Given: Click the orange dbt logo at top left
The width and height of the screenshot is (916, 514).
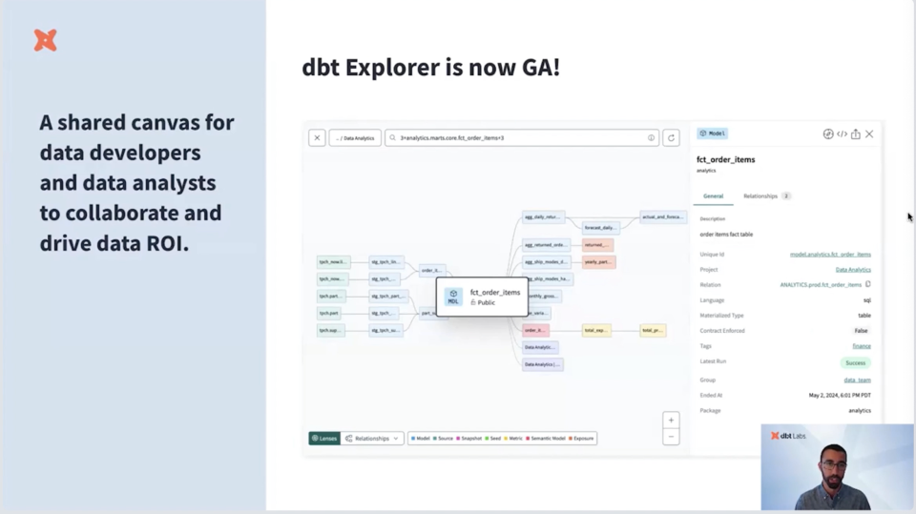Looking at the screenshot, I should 45,40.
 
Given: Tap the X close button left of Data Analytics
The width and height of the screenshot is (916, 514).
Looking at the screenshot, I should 317,137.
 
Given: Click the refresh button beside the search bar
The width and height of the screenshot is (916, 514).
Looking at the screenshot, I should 671,137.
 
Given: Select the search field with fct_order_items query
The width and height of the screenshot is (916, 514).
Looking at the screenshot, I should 520,137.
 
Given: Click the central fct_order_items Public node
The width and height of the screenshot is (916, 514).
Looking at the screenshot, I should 482,297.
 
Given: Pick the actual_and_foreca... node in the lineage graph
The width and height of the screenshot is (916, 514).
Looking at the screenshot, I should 662,216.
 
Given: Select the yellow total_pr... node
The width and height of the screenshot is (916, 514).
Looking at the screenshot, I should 653,330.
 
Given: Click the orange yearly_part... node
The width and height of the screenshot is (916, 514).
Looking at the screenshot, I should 598,261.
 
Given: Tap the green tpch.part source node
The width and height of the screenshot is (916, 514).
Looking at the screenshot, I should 330,313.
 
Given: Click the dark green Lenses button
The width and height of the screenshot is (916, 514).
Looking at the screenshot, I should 324,439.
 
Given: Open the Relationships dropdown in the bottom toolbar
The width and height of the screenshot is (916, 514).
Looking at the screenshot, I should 372,439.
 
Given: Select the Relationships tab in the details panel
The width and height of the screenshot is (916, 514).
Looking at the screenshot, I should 760,195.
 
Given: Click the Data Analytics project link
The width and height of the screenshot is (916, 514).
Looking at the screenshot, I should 852,270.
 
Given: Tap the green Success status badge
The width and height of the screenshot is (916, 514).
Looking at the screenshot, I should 855,362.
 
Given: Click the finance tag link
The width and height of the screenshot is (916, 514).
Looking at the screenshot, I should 861,346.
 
